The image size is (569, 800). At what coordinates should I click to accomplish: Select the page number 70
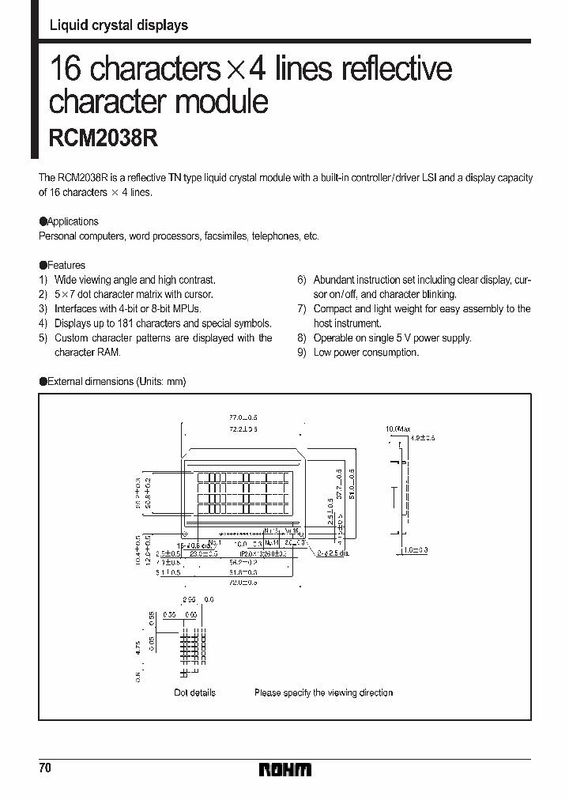[x=45, y=768]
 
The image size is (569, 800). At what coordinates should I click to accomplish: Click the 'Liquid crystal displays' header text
[x=119, y=25]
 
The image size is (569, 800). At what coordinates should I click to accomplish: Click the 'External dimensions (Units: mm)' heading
[x=116, y=382]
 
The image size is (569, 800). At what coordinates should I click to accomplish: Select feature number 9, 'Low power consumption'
[x=365, y=353]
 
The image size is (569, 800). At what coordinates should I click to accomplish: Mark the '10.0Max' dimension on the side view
[x=397, y=428]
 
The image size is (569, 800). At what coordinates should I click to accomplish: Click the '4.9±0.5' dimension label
[x=423, y=437]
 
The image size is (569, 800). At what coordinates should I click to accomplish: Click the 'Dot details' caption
[x=194, y=692]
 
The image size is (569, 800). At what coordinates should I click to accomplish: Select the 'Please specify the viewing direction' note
[x=323, y=692]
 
